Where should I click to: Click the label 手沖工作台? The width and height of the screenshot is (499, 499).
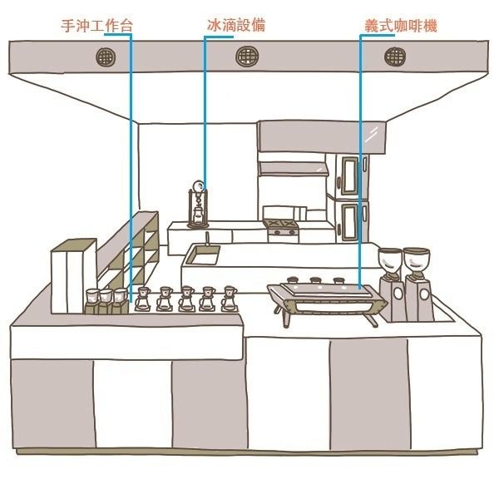[x=96, y=26]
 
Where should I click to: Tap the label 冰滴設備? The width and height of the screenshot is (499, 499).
[x=236, y=25]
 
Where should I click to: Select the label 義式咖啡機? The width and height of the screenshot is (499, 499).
[x=400, y=26]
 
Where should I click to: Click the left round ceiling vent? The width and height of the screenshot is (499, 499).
[x=106, y=57]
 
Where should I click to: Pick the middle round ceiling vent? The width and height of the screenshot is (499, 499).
[x=247, y=57]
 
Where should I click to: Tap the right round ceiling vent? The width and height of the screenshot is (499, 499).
[x=394, y=57]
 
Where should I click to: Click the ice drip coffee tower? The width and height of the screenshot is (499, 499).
[x=198, y=205]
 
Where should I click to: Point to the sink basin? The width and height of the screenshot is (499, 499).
[x=203, y=255]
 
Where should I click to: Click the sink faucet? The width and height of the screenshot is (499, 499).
[x=207, y=239]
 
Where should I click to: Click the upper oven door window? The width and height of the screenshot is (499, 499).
[x=350, y=176]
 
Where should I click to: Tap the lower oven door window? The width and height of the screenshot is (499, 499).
[x=350, y=221]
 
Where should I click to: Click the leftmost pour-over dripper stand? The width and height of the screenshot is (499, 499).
[x=142, y=299]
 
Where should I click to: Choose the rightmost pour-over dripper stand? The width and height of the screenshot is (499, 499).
[x=230, y=299]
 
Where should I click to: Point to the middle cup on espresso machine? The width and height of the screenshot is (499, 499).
[x=315, y=280]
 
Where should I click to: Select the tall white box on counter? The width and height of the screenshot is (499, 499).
[x=74, y=276]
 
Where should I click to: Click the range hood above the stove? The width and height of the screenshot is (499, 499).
[x=293, y=169]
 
